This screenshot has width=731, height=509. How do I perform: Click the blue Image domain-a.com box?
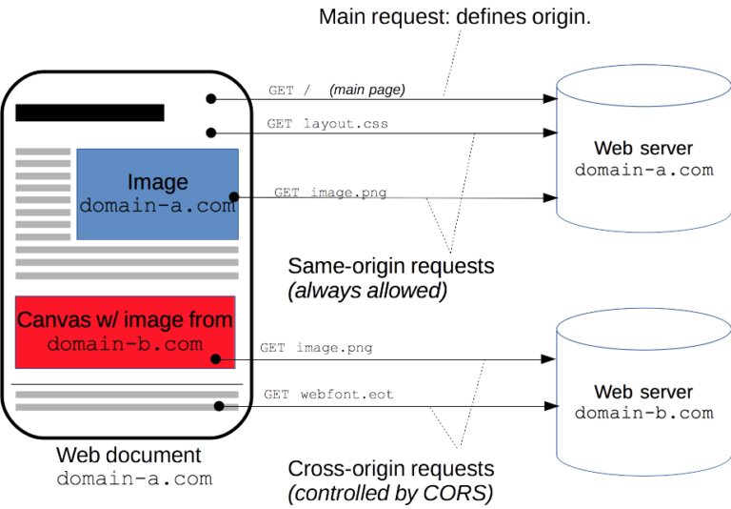pos(157,193)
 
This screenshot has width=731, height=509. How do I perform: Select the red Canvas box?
pos(125,332)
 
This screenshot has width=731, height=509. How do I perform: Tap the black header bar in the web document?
pos(89,112)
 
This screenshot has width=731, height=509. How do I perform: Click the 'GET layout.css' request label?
pos(327,124)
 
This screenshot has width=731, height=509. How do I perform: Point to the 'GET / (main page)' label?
pos(337,91)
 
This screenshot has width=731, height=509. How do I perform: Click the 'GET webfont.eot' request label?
pos(328,394)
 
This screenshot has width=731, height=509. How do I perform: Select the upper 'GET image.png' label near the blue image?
pos(330,193)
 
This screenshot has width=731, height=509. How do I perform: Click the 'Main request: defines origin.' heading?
pos(455,17)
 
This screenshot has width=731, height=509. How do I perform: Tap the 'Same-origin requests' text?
pos(390,266)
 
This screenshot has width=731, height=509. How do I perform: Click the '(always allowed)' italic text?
pos(366,292)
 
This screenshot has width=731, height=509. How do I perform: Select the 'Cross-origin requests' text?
pos(390,469)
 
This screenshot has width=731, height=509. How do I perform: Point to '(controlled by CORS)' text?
pos(390,494)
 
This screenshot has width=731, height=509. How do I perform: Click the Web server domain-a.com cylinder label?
pos(643,159)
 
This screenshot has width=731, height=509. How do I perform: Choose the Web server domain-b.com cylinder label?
pos(643,402)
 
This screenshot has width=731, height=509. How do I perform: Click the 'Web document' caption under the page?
pos(128,456)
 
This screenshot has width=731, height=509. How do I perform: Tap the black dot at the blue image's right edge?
pos(233,197)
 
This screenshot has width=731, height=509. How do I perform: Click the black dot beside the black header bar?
pos(211,98)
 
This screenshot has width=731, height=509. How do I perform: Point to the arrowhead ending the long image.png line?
pos(549,197)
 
